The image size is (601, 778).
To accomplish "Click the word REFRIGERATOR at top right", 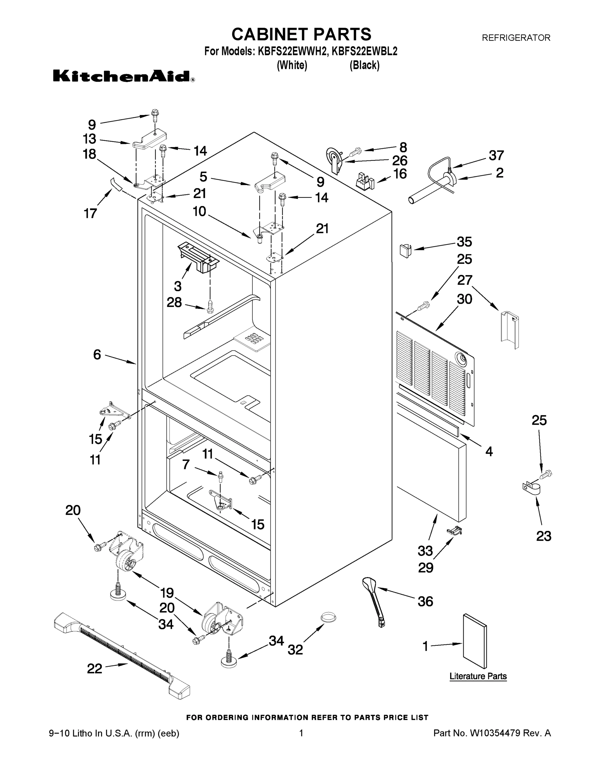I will click(516, 37).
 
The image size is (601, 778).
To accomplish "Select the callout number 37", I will click(496, 155).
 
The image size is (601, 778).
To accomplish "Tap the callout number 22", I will click(95, 669).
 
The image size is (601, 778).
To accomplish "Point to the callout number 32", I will click(295, 649).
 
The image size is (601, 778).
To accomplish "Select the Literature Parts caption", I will click(478, 676).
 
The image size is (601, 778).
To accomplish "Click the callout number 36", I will click(425, 601).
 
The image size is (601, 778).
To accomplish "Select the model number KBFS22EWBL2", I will click(364, 52).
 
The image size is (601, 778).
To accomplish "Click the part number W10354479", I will click(496, 733).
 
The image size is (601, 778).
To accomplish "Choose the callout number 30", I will click(464, 299).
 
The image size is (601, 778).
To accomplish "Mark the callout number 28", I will click(174, 302).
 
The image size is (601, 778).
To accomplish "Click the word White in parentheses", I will click(292, 65).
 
